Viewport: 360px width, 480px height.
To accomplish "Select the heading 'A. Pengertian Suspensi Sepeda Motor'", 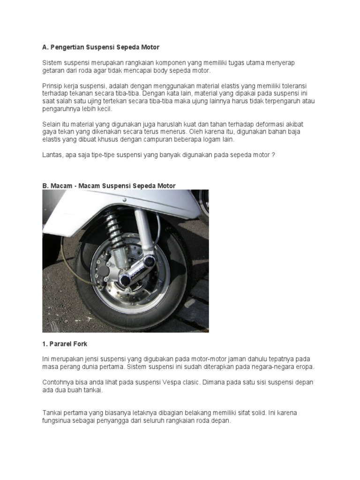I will (101, 47).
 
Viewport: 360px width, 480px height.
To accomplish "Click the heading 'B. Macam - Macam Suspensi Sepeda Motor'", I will (109, 186).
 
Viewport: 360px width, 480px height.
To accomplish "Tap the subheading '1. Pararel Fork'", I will (65, 344).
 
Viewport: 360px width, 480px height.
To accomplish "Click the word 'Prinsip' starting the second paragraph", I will (52, 86).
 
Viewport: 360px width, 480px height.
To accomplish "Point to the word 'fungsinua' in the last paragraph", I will (57, 421).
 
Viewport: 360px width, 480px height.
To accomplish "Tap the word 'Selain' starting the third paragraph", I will (51, 124).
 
